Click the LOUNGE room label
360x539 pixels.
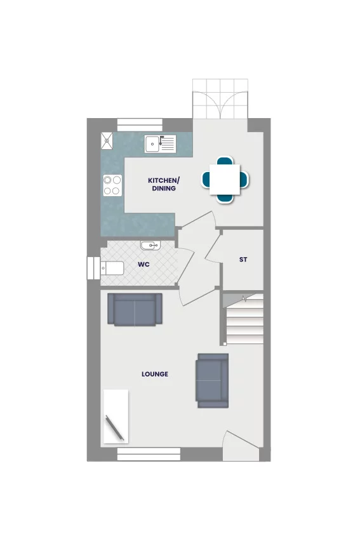click(155, 374)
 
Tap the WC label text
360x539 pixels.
click(143, 264)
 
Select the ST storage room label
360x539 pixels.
click(243, 260)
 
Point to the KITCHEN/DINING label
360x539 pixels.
click(164, 184)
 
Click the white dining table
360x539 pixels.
click(225, 180)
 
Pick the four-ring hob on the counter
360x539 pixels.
click(112, 185)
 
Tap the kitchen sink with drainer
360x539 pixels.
click(160, 144)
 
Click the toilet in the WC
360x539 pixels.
click(112, 268)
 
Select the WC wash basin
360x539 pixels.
click(150, 245)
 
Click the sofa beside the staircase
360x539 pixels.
click(212, 380)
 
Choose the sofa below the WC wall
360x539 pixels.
click(135, 309)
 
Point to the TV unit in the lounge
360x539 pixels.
click(116, 416)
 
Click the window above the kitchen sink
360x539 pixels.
click(140, 125)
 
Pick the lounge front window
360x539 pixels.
click(149, 454)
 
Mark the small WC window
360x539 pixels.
click(93, 268)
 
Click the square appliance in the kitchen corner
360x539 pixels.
click(107, 140)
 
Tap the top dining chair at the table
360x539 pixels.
click(225, 160)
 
